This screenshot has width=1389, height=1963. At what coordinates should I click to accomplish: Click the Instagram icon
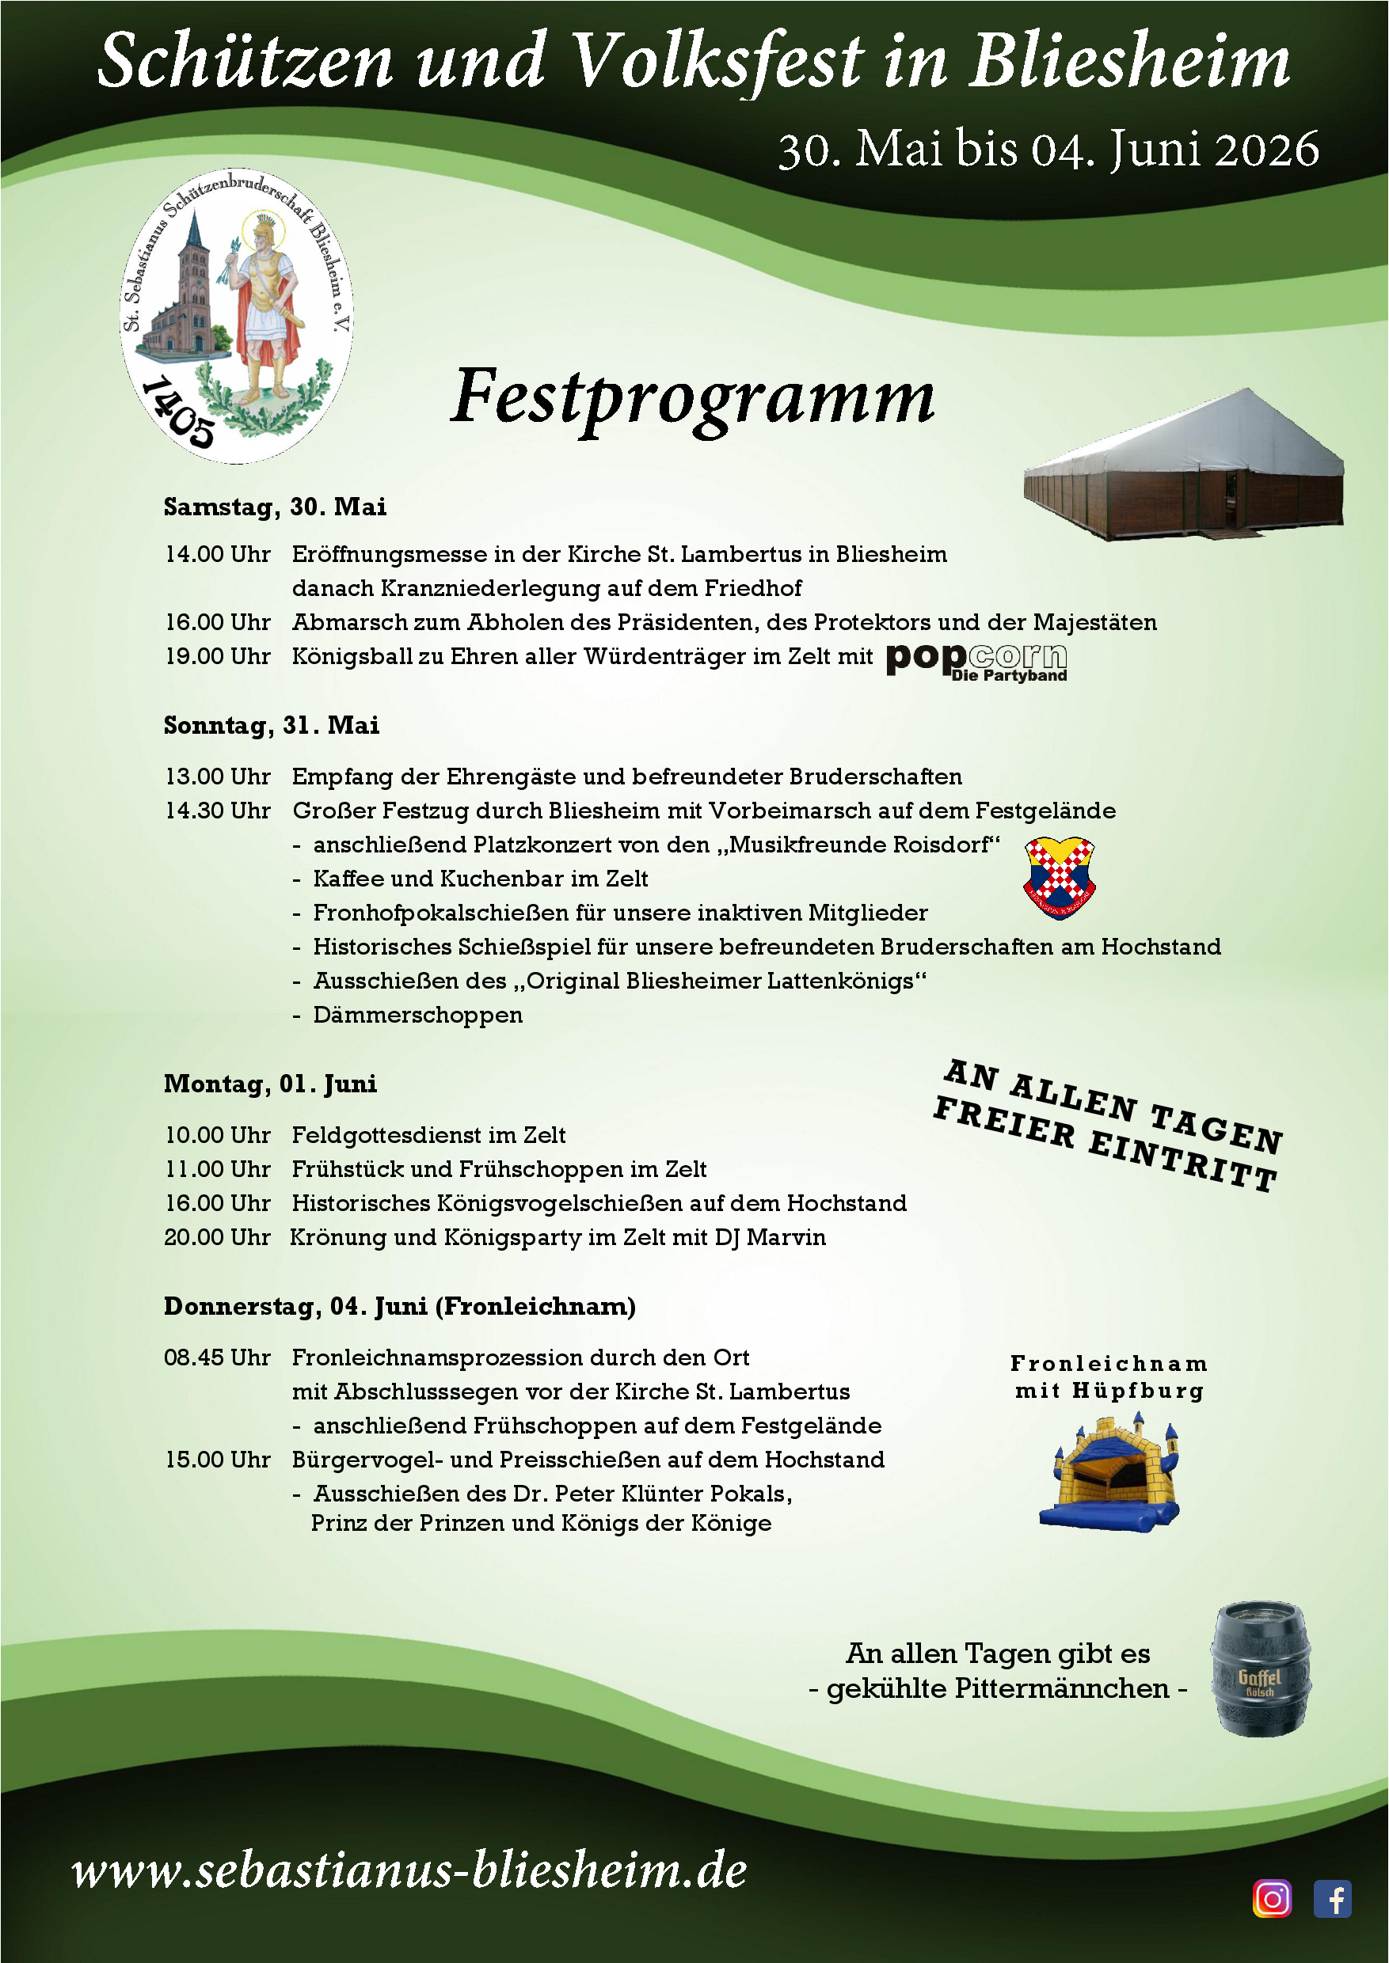tap(1272, 1899)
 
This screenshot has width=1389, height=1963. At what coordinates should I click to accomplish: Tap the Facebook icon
tap(1332, 1899)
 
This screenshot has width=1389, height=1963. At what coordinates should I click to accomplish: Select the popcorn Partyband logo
tap(976, 661)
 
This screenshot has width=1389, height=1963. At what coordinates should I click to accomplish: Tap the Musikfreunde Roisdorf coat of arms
tap(1059, 877)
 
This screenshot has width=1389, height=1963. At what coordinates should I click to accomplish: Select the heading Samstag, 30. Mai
tap(276, 507)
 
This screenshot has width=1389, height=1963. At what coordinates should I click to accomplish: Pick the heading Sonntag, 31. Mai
tap(272, 726)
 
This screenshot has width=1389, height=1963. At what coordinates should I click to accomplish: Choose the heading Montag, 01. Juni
tap(270, 1084)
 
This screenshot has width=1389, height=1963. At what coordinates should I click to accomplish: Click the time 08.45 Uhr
tap(217, 1357)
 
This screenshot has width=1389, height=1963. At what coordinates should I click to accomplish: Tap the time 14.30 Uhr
tap(218, 811)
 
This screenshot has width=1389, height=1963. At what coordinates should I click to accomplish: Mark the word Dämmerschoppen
tap(417, 1016)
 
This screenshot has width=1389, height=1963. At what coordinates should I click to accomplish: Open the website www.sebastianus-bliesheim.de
tap(409, 1870)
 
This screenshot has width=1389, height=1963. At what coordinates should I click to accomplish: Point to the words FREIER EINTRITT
tap(1105, 1144)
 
